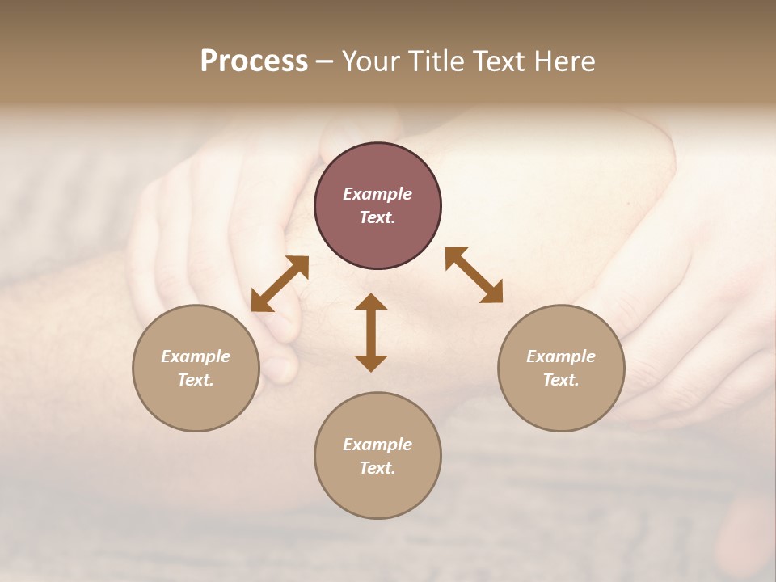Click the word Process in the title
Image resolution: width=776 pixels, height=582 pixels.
254,61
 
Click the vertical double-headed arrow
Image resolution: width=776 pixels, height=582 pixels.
371,332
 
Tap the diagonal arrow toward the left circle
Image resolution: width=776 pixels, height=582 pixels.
280,284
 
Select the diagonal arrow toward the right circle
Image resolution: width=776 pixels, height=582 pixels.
474,275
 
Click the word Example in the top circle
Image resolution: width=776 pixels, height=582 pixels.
377,194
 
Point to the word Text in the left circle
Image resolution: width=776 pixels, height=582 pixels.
196,380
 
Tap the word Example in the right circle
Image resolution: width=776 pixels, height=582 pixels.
561,356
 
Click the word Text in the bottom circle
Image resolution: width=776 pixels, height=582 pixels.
377,468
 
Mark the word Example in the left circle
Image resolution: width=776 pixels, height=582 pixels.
196,356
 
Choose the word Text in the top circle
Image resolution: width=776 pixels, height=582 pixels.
377,217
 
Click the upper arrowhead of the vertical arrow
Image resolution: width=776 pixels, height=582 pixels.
371,302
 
